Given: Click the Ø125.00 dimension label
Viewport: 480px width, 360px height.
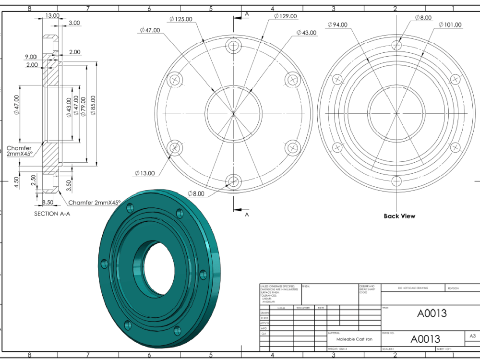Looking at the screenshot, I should coord(180,19).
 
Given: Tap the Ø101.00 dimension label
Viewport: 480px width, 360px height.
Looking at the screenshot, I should coord(449,25).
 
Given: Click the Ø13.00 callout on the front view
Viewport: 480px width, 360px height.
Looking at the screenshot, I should coord(145,173).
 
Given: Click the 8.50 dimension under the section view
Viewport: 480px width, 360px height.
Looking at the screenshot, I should coord(48,203).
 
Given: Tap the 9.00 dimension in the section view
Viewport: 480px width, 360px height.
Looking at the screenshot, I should coord(30,57).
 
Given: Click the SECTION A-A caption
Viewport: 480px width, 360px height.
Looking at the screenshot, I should coord(52,214).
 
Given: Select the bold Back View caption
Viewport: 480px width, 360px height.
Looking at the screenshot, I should coord(399,216).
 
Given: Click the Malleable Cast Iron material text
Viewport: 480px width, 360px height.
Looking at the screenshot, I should coord(354,339).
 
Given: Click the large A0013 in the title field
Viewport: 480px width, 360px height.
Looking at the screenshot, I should coord(432,313).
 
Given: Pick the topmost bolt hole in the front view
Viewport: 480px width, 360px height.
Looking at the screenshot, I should coord(234,46).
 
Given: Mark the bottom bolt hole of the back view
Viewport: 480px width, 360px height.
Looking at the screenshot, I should coord(396,181).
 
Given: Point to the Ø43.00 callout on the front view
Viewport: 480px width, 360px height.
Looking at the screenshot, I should coord(306,33).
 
